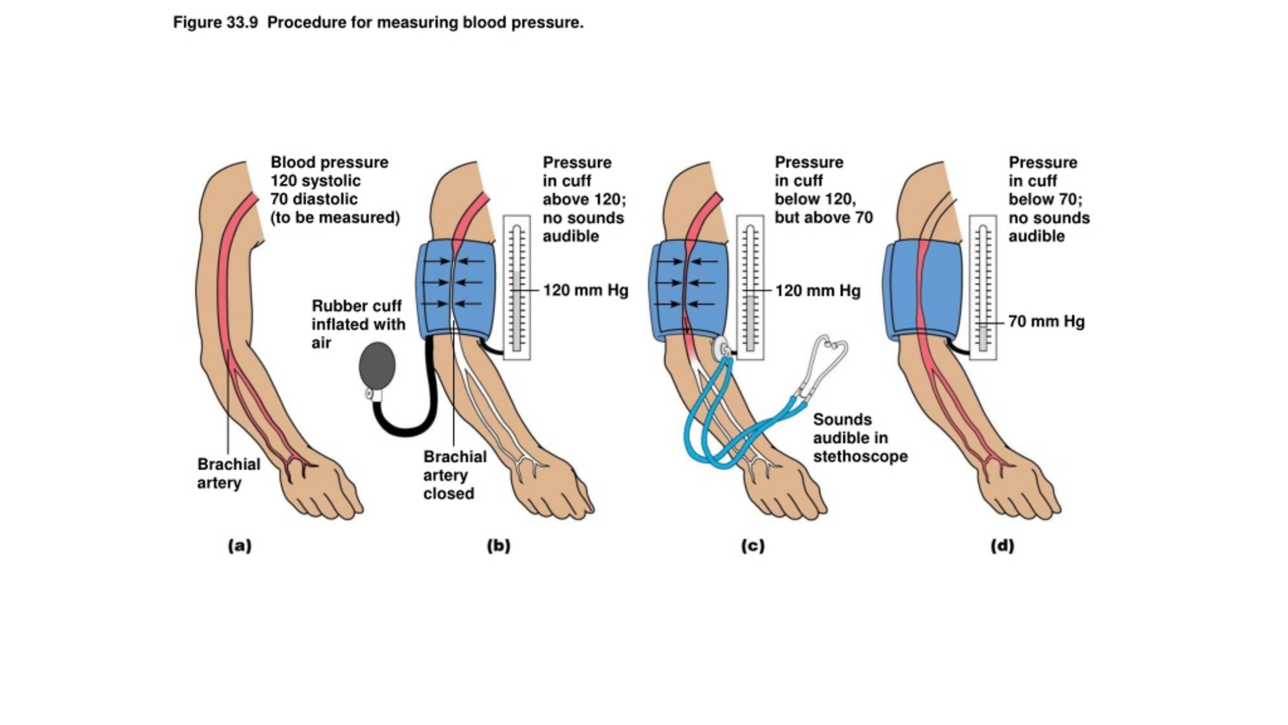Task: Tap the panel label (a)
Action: (239, 546)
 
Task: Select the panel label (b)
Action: (499, 546)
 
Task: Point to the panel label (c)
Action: (753, 546)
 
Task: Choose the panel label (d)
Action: (1002, 546)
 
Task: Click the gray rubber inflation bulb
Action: (377, 366)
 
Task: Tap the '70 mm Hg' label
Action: (1046, 321)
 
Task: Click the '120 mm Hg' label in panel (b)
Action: (586, 291)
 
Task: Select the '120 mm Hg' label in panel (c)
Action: (818, 291)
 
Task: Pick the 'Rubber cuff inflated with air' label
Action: (358, 324)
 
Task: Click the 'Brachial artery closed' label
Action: (454, 475)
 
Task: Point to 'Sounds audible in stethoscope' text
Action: (860, 438)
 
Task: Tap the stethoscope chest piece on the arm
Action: (720, 346)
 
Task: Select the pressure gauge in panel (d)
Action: (983, 287)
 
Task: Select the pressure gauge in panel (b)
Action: (517, 287)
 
